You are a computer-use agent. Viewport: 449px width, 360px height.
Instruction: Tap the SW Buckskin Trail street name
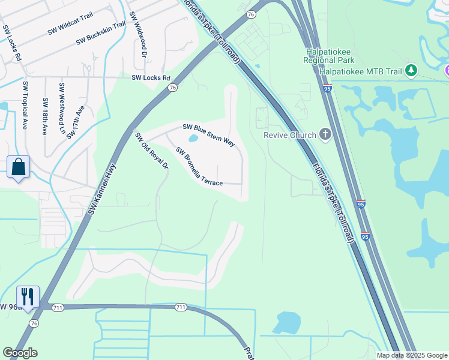101,33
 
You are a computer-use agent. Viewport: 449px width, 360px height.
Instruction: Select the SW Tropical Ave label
25,106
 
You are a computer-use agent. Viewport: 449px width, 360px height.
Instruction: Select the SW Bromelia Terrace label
199,166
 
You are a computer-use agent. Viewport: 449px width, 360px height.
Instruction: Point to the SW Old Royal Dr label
151,151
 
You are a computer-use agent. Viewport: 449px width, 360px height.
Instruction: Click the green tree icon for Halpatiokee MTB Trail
411,71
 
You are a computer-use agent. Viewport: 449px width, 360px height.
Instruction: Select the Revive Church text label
290,134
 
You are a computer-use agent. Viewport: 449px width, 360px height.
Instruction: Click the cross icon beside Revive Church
325,134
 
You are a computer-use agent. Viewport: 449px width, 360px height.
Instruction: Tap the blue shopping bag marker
19,167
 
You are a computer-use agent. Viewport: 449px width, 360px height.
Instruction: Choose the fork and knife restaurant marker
28,296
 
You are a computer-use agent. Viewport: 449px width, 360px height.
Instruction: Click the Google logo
20,353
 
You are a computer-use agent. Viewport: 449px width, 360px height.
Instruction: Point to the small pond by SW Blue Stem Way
193,139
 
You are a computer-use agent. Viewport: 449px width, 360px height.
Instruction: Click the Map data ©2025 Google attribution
412,355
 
